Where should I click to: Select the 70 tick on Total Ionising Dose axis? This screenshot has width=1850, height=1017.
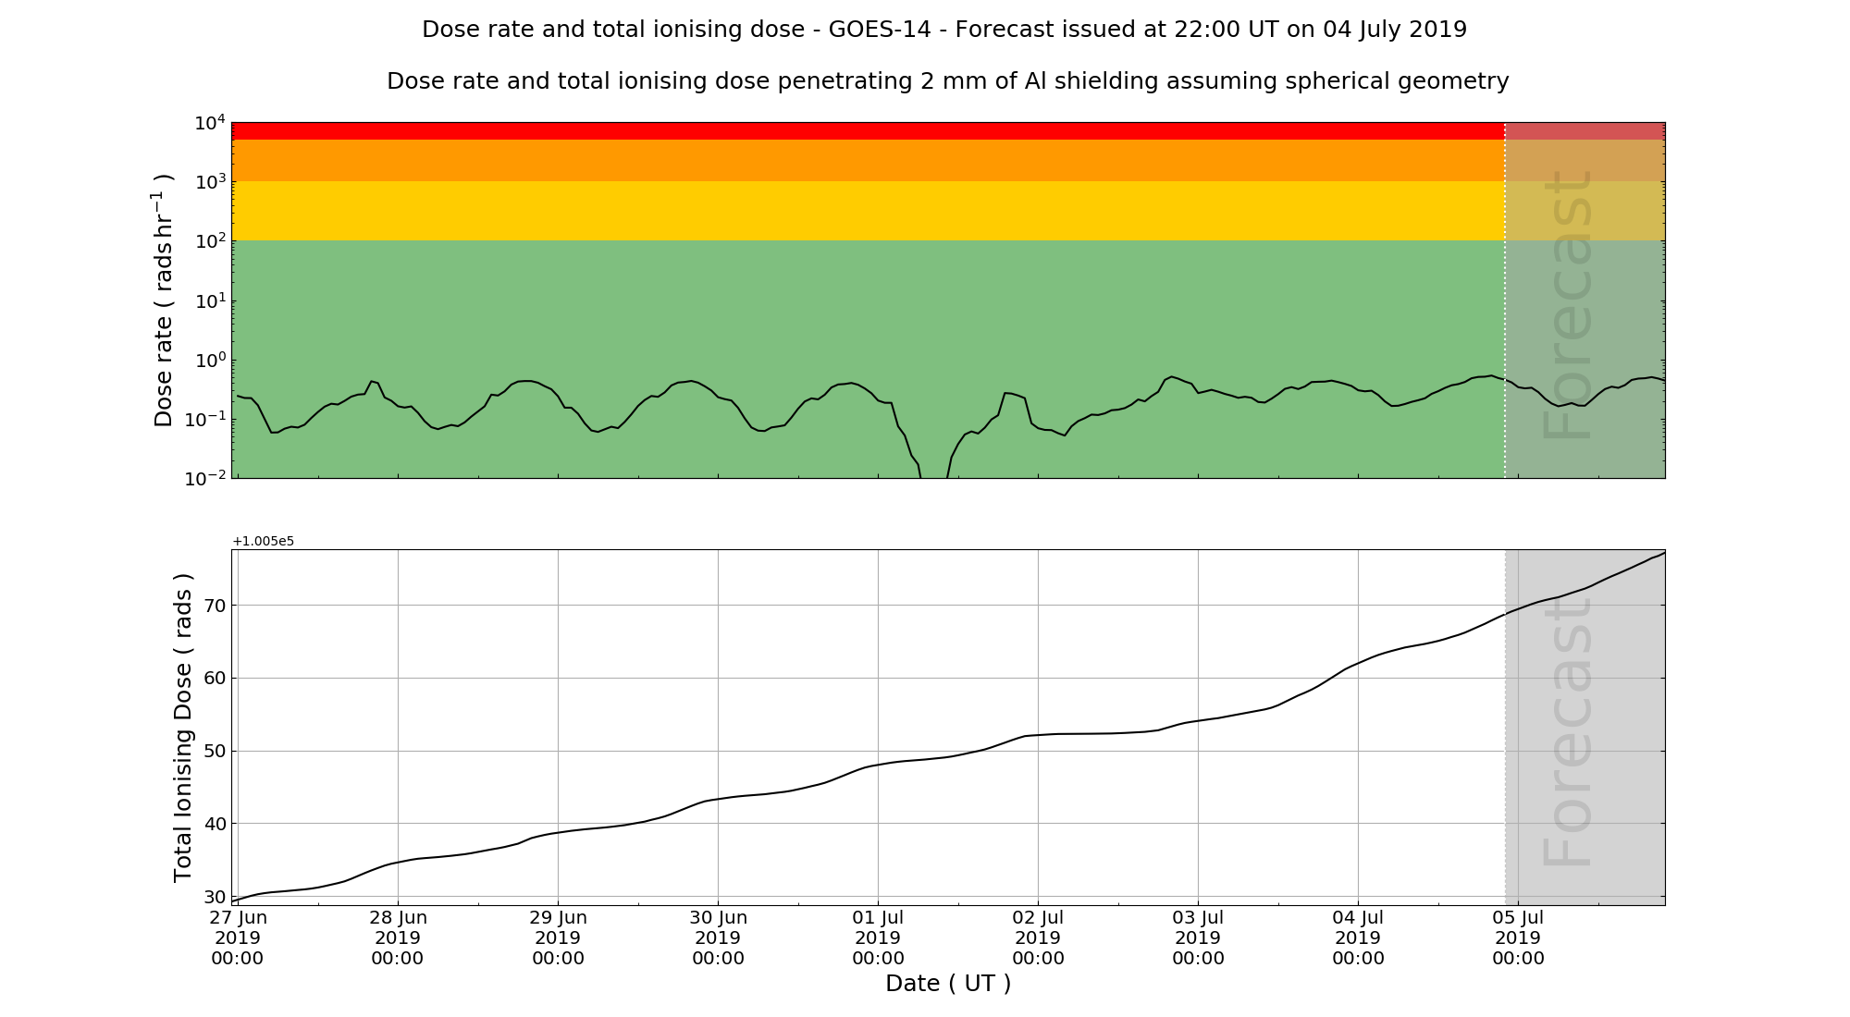[215, 606]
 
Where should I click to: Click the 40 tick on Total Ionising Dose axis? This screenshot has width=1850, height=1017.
[215, 824]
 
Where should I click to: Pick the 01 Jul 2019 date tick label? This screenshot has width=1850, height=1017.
[878, 937]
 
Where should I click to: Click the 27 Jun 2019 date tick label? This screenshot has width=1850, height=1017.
[238, 937]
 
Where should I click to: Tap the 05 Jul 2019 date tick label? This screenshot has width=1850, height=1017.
[1518, 937]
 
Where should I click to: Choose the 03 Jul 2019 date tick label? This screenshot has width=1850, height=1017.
[1198, 937]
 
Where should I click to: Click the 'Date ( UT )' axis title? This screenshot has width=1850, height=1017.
[948, 984]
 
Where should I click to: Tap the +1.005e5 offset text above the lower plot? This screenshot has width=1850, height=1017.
[264, 541]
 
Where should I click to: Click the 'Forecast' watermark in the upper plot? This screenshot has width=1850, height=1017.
[1568, 305]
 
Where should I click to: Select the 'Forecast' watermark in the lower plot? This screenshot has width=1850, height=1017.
[1568, 730]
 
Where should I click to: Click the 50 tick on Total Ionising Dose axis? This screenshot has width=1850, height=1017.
[215, 751]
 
